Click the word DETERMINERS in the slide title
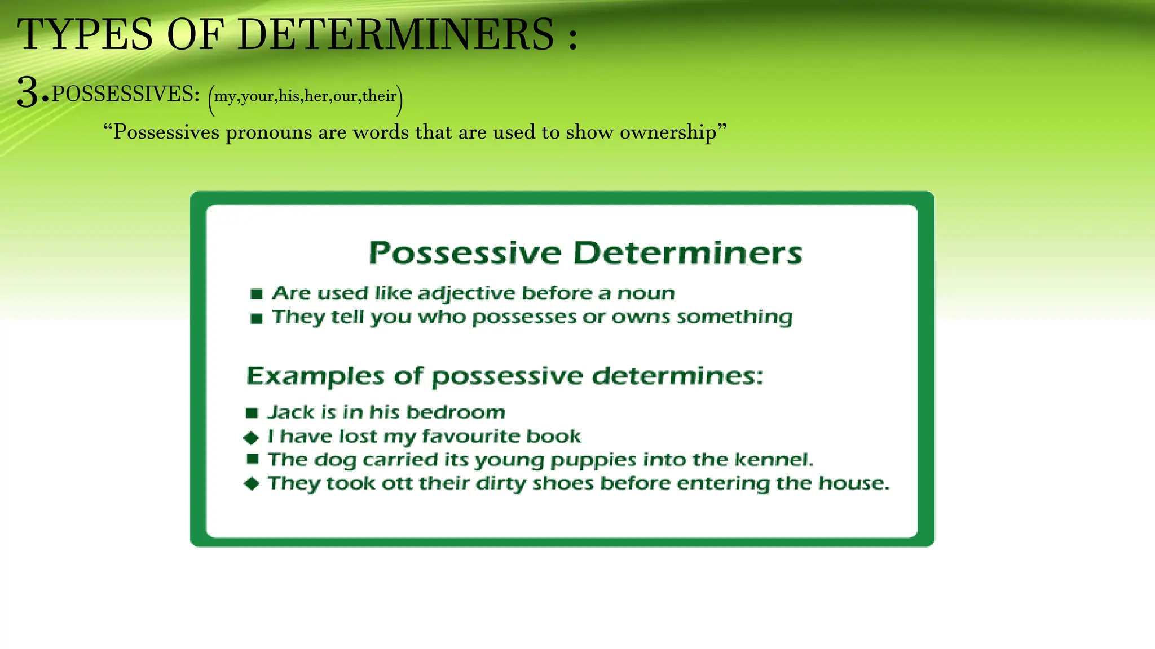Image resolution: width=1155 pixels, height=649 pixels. click(396, 35)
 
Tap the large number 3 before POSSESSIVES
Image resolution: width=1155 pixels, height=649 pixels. click(28, 93)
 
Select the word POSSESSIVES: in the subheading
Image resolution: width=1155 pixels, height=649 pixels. click(126, 94)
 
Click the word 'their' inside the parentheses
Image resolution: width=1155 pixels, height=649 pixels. click(379, 96)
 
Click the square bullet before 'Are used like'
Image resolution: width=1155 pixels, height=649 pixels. click(257, 294)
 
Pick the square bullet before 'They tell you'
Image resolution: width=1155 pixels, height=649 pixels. click(257, 319)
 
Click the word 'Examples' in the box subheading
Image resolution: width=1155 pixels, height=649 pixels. click(315, 376)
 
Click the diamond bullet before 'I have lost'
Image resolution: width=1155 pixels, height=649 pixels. click(252, 438)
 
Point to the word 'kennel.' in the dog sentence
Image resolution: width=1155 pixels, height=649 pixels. click(774, 460)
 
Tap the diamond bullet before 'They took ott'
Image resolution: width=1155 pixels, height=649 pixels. click(252, 484)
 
